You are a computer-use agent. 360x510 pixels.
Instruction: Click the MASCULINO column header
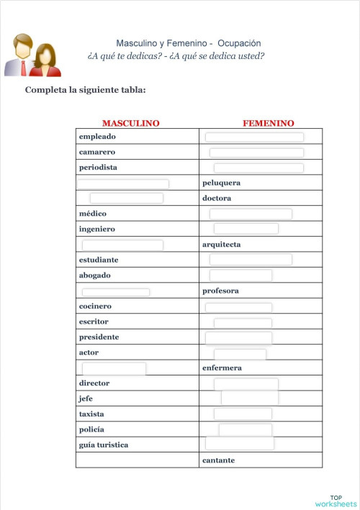(x=130, y=123)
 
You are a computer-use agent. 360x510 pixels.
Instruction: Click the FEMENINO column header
(x=268, y=123)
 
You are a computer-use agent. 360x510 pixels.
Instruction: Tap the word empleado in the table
(x=97, y=137)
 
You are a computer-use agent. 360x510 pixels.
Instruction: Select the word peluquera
(x=222, y=183)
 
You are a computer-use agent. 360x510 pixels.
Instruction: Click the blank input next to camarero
(x=256, y=152)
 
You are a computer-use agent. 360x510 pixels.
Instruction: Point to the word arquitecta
(x=222, y=245)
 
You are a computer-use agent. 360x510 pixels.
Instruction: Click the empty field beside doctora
(x=126, y=198)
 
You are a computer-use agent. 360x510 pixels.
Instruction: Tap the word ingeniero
(x=96, y=229)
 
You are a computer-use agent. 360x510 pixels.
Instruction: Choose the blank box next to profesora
(x=116, y=292)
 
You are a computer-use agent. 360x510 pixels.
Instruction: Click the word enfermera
(x=222, y=368)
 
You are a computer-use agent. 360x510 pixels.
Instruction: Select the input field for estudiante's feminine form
(x=251, y=260)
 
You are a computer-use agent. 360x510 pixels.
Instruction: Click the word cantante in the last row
(x=218, y=460)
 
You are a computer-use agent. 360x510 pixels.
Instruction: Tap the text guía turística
(x=104, y=445)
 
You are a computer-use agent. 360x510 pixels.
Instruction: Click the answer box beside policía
(x=245, y=429)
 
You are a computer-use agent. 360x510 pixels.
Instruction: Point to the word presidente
(x=99, y=337)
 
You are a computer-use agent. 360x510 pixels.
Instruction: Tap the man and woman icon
(x=32, y=55)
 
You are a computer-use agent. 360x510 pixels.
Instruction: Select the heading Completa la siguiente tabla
(x=86, y=90)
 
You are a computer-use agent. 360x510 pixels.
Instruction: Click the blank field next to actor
(x=240, y=354)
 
